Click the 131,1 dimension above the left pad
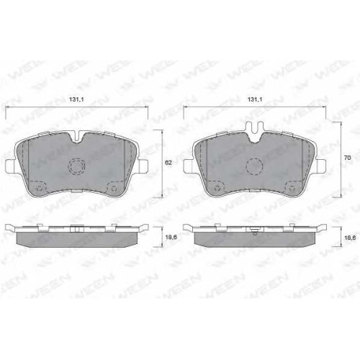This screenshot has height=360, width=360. (76, 99)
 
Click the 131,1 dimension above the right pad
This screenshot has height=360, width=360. (255, 99)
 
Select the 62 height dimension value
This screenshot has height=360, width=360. (168, 163)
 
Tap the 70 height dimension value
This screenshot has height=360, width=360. (347, 158)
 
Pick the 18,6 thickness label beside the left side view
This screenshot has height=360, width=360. (171, 237)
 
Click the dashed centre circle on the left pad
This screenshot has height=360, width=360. (77, 166)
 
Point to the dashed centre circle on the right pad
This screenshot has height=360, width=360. (255, 166)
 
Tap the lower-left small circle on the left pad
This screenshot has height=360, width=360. (39, 188)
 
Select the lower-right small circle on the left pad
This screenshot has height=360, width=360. (114, 188)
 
